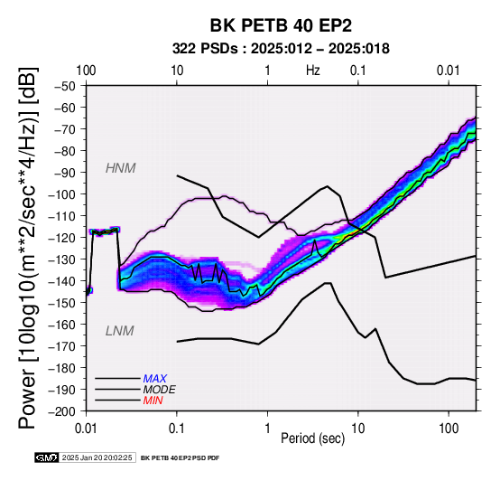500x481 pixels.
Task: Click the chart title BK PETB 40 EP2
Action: (281, 25)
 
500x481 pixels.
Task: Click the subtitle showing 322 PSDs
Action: (281, 49)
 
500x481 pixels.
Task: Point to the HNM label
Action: (121, 168)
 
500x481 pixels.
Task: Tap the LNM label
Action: (119, 331)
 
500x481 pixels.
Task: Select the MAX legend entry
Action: (154, 379)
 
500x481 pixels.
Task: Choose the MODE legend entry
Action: (159, 390)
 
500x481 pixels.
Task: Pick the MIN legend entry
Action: (153, 401)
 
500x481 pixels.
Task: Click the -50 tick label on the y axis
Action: (65, 86)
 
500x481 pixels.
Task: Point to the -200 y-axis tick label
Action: (62, 411)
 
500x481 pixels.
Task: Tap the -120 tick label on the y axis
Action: (62, 238)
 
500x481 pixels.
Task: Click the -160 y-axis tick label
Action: (62, 325)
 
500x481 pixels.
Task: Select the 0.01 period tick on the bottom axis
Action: (86, 429)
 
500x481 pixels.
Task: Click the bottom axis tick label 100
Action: (449, 429)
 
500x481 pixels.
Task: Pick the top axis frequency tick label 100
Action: (86, 71)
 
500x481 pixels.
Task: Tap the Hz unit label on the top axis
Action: (313, 71)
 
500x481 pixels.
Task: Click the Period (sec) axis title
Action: (313, 439)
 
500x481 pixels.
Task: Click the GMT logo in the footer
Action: (47, 457)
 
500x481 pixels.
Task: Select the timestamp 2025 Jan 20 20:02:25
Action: (97, 457)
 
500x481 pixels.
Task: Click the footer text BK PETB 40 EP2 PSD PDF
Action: (181, 458)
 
